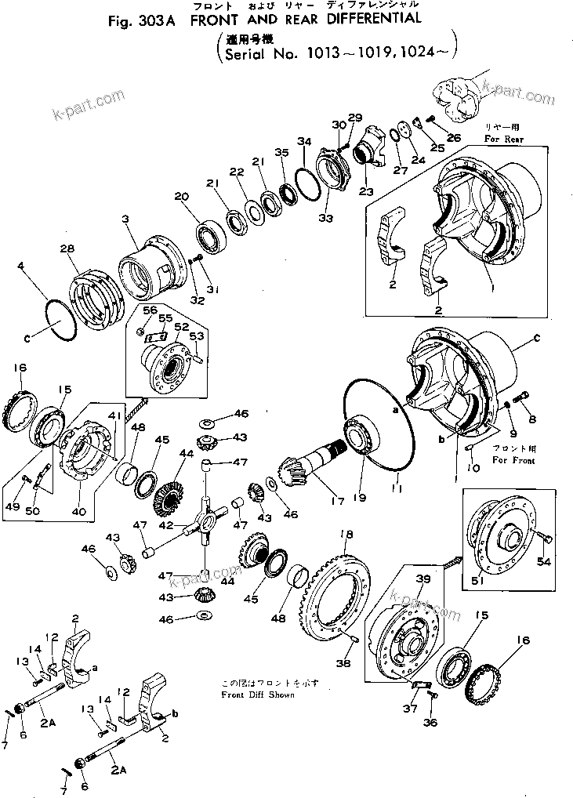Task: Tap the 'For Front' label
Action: (513, 460)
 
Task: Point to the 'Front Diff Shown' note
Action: (258, 695)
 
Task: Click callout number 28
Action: (68, 248)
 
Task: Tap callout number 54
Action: (542, 561)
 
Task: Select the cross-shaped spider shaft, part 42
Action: (206, 521)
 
